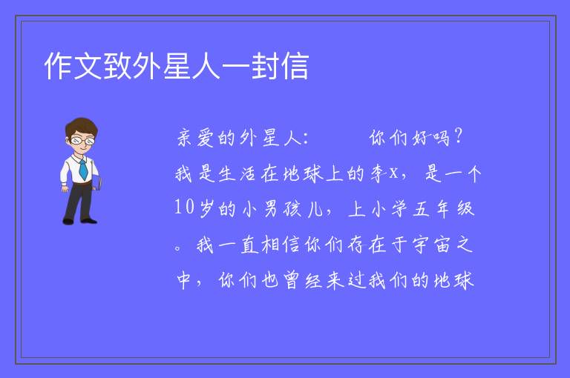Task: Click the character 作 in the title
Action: pyautogui.click(x=59, y=66)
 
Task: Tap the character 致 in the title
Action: pyautogui.click(x=117, y=66)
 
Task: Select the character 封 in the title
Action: pyautogui.click(x=265, y=66)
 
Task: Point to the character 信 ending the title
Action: pyautogui.click(x=295, y=66)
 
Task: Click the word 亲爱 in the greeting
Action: pyautogui.click(x=196, y=138)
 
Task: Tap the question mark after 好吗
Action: pyautogui.click(x=458, y=136)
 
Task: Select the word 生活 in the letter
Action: pyautogui.click(x=237, y=173)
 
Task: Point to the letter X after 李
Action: pyautogui.click(x=393, y=174)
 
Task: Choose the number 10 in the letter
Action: pyautogui.click(x=184, y=207)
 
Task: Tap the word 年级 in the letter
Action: pyautogui.click(x=455, y=209)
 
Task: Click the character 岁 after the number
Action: pyautogui.click(x=206, y=209)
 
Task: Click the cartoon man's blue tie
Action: pyautogui.click(x=83, y=169)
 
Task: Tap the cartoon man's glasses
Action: pyautogui.click(x=83, y=140)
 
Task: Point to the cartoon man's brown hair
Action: pyautogui.click(x=81, y=126)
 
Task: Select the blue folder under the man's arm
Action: pyautogui.click(x=97, y=182)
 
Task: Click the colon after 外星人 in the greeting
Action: pyautogui.click(x=305, y=139)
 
